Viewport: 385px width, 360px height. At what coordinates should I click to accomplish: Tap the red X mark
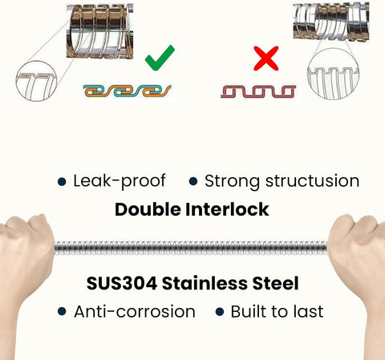266,59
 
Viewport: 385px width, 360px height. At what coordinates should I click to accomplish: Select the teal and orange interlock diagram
128,91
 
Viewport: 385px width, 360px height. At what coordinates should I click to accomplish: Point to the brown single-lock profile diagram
258,91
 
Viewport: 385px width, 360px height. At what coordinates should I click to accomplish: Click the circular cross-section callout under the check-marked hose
17,80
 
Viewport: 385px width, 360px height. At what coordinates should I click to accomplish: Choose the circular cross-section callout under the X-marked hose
308,74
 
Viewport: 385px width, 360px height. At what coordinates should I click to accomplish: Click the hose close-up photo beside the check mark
99,31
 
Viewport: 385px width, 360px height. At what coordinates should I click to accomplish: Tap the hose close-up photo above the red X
331,22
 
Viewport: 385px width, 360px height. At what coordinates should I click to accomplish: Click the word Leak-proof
120,181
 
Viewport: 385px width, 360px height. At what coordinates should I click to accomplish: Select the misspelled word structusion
312,181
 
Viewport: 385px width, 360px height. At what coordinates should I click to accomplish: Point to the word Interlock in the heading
227,209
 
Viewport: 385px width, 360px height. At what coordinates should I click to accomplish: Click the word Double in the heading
148,209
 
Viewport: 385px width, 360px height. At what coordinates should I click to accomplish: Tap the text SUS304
122,283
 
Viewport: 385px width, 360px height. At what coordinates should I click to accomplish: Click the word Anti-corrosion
135,312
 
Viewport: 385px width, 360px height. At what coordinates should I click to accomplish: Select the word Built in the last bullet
249,311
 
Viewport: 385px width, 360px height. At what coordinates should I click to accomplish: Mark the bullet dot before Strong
193,181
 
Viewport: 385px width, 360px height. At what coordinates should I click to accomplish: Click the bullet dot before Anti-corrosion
62,312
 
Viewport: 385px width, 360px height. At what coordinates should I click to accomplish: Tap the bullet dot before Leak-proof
62,181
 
